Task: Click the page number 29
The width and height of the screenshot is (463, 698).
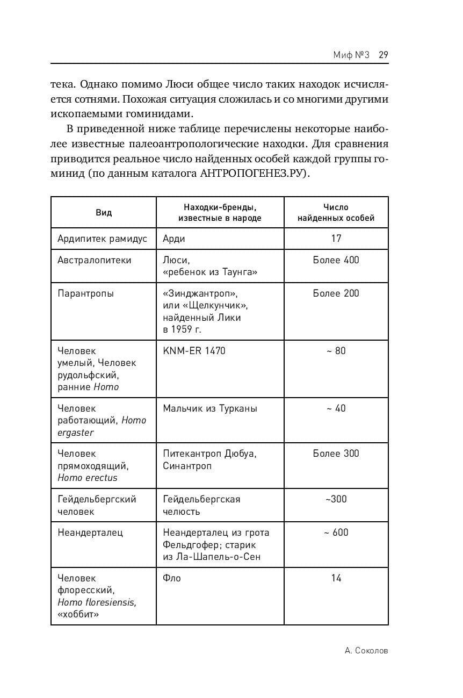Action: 383,54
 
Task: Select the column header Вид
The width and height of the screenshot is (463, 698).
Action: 104,212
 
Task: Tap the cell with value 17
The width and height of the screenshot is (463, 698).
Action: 336,238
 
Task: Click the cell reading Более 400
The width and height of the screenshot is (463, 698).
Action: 336,260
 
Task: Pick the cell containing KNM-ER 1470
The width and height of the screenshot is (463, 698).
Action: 194,351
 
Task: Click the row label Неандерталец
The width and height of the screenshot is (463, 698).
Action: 90,533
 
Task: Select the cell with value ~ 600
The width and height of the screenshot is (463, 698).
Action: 336,533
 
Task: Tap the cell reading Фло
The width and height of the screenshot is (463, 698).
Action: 172,578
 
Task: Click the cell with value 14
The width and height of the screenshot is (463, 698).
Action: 336,578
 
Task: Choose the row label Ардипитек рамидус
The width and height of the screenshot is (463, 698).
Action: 102,239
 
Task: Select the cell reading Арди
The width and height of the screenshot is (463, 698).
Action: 174,239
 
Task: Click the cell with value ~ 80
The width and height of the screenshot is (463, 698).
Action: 336,351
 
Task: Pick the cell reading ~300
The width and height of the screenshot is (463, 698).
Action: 336,499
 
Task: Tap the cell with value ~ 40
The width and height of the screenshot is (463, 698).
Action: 336,408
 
